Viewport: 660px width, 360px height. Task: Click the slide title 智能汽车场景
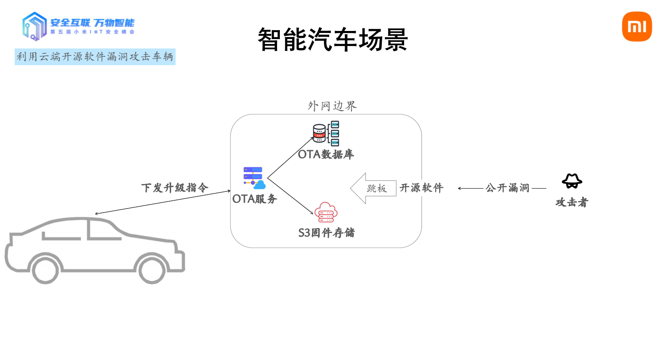pos(332,40)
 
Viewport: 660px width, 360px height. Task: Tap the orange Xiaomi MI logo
pos(637,26)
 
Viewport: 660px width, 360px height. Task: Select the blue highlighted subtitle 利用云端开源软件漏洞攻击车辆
pos(95,57)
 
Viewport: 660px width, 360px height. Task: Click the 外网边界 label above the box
pos(332,106)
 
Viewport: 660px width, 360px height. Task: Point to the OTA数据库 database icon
pos(326,133)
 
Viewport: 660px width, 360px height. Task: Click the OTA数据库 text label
pos(326,155)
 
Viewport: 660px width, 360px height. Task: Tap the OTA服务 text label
pos(255,199)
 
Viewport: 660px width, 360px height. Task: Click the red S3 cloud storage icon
pos(326,212)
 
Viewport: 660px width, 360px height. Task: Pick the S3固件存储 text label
pos(326,233)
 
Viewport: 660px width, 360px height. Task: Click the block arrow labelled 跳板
pos(373,188)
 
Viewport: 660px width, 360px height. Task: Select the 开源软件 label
pos(421,188)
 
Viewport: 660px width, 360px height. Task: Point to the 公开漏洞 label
pos(507,188)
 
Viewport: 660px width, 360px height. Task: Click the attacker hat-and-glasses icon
pos(572,181)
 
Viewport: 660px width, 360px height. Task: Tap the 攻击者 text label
pos(572,202)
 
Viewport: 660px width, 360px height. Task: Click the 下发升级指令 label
pos(175,188)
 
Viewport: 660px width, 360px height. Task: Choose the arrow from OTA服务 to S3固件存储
pos(290,196)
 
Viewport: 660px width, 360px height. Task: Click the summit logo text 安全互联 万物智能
pos(92,23)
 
